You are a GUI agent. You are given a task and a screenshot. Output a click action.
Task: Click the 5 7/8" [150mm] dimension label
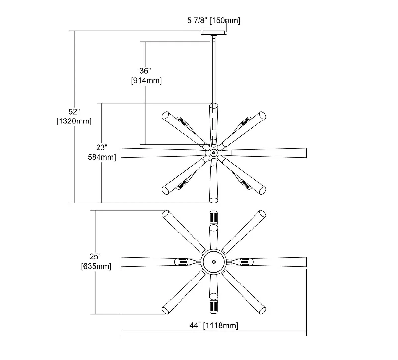[213, 20]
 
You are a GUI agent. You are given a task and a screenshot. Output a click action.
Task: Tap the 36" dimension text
[145, 71]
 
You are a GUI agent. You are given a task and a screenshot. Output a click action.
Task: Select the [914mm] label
[146, 81]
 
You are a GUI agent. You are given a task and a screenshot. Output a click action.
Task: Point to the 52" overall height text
[74, 111]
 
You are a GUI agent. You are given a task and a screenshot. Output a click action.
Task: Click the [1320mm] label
[74, 121]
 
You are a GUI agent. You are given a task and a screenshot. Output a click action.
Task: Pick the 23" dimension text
[102, 147]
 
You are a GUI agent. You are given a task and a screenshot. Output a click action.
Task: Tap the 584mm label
[102, 157]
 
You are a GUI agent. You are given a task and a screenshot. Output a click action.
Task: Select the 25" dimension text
[95, 256]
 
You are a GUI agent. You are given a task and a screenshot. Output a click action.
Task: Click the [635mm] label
[96, 266]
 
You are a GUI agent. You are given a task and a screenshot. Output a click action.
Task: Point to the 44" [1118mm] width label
[214, 325]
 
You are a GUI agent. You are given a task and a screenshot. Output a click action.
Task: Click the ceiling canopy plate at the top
[214, 33]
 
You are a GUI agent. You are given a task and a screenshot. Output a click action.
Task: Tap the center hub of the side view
[214, 153]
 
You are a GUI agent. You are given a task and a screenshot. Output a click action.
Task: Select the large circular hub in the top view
[214, 262]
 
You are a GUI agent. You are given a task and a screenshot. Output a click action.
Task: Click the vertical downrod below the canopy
[214, 70]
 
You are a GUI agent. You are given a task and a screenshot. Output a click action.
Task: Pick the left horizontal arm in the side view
[163, 153]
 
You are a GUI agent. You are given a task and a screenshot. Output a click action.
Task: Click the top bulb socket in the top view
[214, 217]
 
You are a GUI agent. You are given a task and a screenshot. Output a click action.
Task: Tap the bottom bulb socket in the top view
[214, 307]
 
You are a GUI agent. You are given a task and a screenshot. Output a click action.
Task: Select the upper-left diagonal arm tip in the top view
[166, 214]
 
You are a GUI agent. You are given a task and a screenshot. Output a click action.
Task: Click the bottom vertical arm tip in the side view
[214, 200]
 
